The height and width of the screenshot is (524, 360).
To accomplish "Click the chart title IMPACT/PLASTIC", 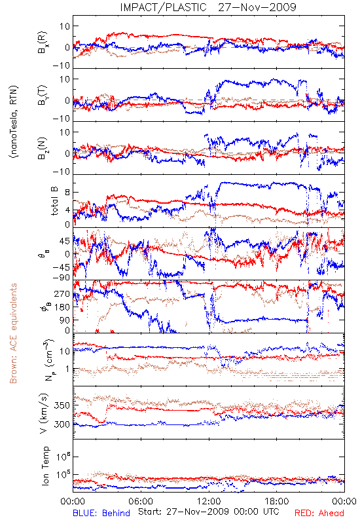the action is pyautogui.click(x=163, y=7).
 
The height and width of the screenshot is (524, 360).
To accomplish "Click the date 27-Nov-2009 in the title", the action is pyautogui.click(x=257, y=7).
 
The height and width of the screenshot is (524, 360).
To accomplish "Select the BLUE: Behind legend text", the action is pyautogui.click(x=101, y=513).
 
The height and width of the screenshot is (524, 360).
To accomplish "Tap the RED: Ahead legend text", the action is pyautogui.click(x=319, y=513).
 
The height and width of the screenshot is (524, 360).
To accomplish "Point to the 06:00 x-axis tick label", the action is pyautogui.click(x=141, y=501).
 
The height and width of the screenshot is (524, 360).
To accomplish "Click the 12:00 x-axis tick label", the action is pyautogui.click(x=209, y=501).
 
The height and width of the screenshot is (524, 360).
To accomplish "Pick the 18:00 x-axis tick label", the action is pyautogui.click(x=277, y=501).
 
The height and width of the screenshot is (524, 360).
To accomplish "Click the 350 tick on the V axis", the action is pyautogui.click(x=62, y=405).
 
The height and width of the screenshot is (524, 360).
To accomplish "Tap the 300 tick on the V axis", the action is pyautogui.click(x=62, y=424).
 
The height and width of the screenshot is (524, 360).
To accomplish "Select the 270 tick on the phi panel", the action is pyautogui.click(x=62, y=293).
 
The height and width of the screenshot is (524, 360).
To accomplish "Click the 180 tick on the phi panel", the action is pyautogui.click(x=62, y=307).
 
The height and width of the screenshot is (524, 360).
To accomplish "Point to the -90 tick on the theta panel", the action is pyautogui.click(x=62, y=277).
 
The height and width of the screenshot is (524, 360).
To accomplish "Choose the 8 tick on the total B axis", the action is pyautogui.click(x=67, y=193).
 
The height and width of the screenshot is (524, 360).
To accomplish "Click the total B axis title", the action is pyautogui.click(x=54, y=201).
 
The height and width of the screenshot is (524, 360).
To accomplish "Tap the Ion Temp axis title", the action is pyautogui.click(x=45, y=466).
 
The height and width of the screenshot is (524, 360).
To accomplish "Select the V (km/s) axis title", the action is pyautogui.click(x=45, y=413).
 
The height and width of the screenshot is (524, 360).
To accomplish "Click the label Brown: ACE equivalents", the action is pyautogui.click(x=13, y=333).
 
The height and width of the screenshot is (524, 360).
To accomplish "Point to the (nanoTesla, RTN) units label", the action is pyautogui.click(x=14, y=122).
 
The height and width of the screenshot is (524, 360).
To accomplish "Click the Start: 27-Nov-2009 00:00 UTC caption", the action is pyautogui.click(x=209, y=512).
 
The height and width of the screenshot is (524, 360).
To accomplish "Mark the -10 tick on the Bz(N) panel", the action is pyautogui.click(x=62, y=172).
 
